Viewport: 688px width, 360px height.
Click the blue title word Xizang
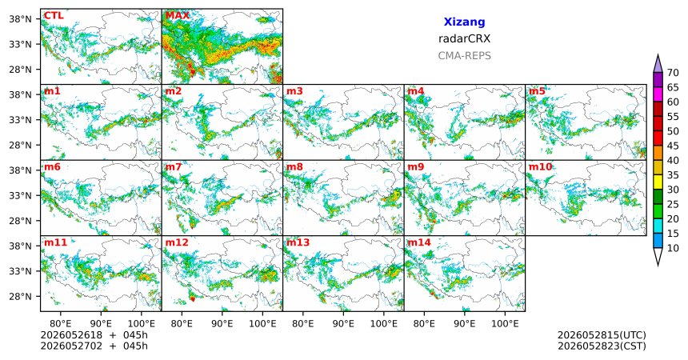pos(464,22)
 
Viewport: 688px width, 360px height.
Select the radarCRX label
pos(464,38)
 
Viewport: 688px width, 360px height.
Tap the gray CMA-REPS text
pos(464,56)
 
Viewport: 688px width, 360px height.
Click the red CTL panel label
pos(54,16)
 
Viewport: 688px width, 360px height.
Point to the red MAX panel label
pos(177,16)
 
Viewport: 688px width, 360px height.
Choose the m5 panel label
pos(537,91)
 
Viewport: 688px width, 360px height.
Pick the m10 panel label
pos(540,167)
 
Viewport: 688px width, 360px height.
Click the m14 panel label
pos(419,242)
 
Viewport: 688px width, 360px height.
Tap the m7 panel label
pos(174,167)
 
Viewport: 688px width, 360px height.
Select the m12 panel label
pos(177,242)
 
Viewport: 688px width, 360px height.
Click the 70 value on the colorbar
pos(673,73)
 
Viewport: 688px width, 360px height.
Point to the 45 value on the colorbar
pos(673,146)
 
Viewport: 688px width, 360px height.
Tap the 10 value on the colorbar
pos(673,248)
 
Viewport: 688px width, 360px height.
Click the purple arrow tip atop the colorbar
pos(658,55)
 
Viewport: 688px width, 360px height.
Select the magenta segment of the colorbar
pos(658,94)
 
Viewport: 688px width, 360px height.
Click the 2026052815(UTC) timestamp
pos(602,335)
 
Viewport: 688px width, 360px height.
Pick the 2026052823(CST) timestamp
pos(602,346)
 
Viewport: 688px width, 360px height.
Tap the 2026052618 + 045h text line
pos(94,335)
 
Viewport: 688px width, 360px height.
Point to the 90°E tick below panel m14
pos(465,324)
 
